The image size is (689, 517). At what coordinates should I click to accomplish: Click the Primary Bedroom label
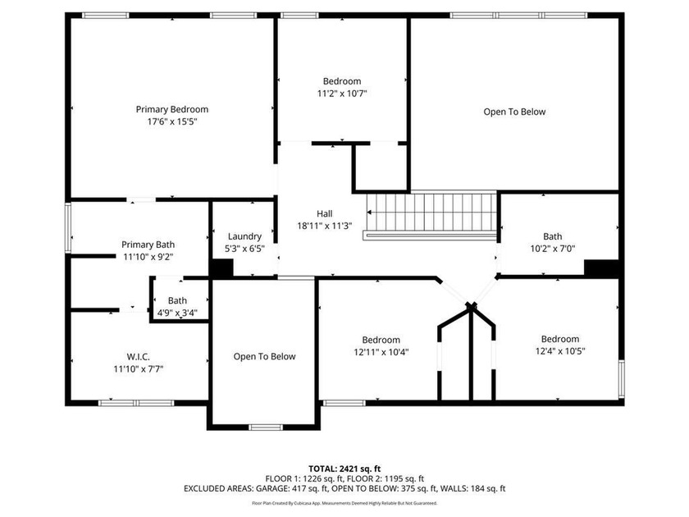point(171,109)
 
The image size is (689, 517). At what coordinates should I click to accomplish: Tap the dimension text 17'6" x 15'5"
point(171,121)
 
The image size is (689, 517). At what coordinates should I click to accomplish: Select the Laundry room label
point(244,236)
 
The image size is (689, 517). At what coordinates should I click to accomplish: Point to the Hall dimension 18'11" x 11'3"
point(324,226)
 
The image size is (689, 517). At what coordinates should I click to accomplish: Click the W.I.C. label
point(138,357)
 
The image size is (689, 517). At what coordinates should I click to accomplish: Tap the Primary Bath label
point(148,245)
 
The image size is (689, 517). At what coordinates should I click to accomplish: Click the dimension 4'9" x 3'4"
point(177,313)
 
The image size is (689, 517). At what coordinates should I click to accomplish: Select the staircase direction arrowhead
point(369,213)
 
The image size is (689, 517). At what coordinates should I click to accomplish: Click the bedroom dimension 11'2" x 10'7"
point(342,94)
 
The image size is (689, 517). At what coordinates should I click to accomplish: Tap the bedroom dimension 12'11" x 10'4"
point(381,352)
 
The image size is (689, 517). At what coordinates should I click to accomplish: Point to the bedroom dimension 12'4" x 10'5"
point(559,351)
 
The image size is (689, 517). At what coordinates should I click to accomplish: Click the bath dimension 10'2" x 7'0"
point(552,249)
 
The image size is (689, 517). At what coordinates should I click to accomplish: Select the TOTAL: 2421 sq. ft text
point(344,469)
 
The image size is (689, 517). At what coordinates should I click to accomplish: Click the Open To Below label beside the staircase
point(514,112)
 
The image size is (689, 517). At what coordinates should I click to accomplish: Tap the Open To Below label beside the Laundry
point(264,356)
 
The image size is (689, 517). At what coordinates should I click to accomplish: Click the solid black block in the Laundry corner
point(222,268)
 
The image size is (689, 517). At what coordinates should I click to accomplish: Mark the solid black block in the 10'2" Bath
point(601,268)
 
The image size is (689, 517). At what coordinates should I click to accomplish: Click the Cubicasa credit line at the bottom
point(344,503)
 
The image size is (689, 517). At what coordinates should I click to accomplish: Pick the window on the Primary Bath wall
point(67,228)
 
